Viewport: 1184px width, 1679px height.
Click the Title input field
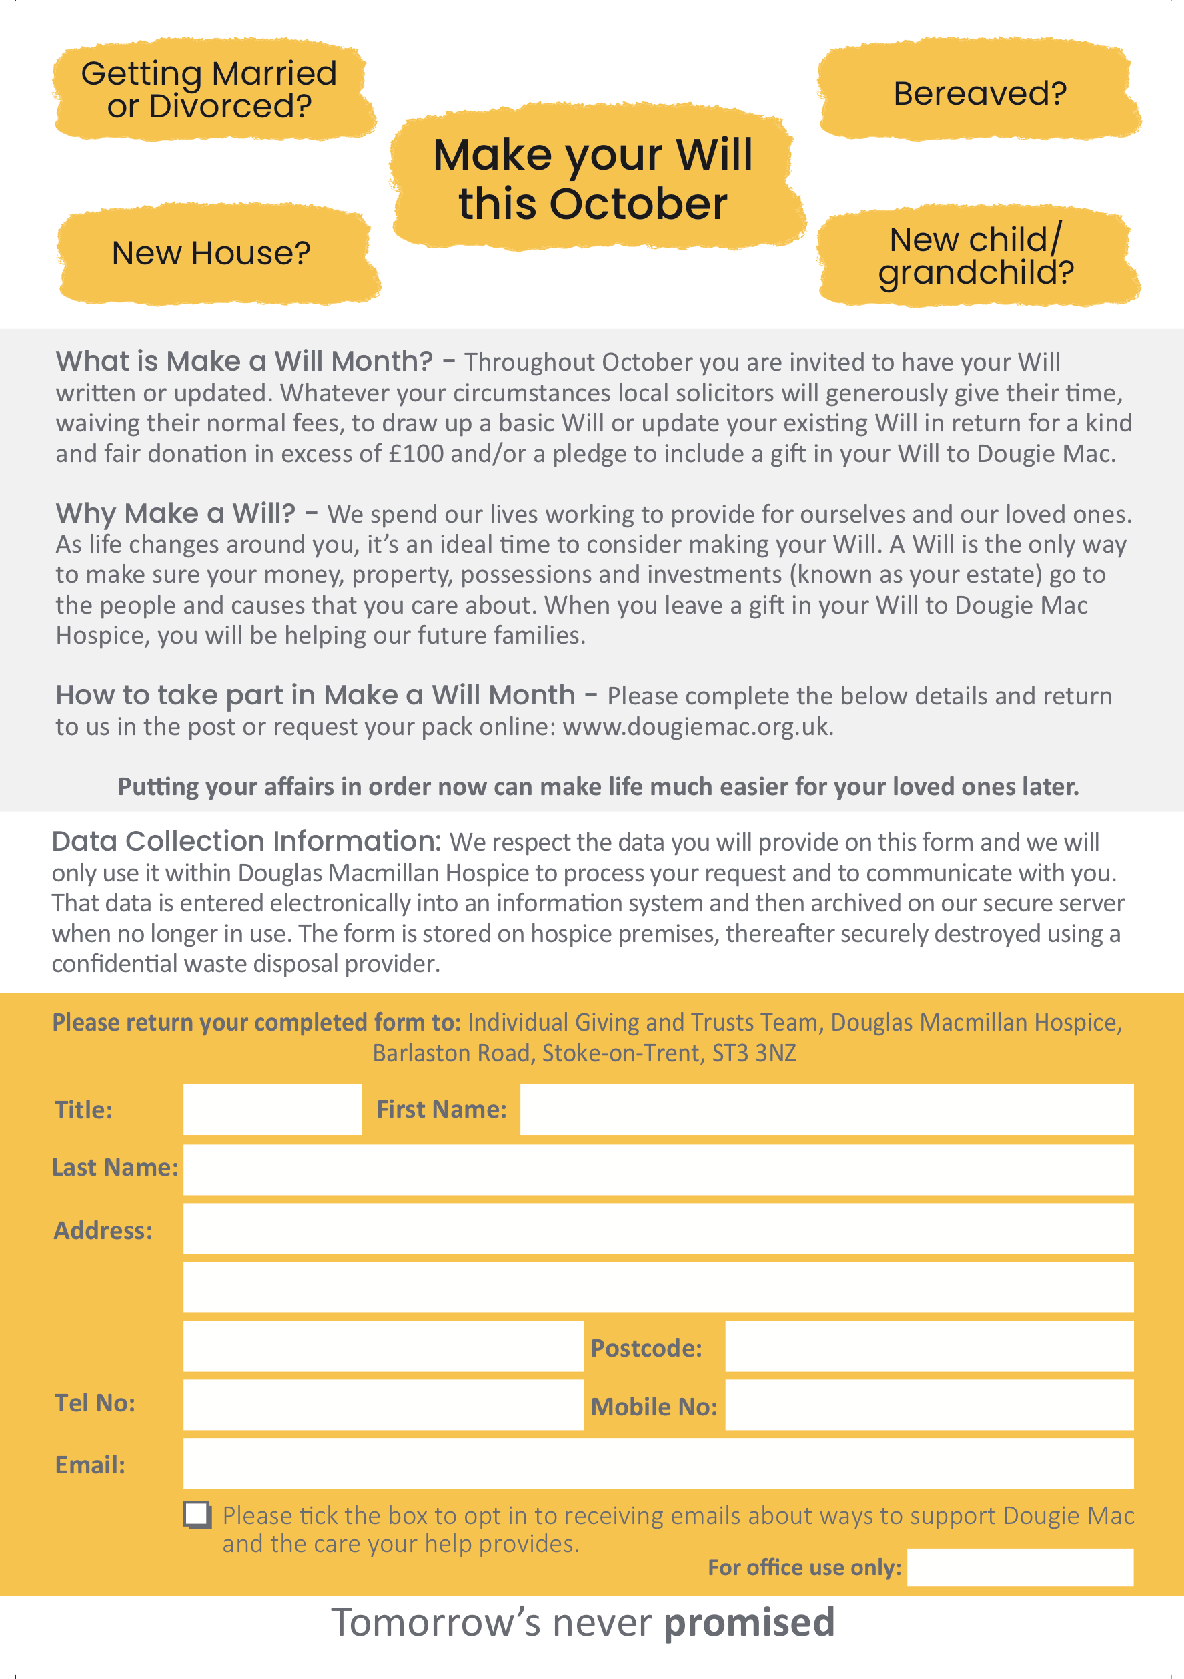[x=272, y=1110]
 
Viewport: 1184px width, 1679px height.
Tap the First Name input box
[x=826, y=1110]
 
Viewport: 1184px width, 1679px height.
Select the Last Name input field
[x=658, y=1170]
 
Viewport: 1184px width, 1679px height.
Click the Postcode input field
[x=929, y=1347]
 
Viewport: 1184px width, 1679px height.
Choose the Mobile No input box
[x=929, y=1405]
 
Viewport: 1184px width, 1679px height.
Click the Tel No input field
[x=383, y=1405]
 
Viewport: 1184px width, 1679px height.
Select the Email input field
[x=658, y=1463]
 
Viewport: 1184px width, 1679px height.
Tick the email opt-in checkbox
[x=197, y=1515]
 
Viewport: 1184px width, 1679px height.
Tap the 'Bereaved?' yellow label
[x=979, y=93]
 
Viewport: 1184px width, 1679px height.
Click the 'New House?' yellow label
[x=211, y=253]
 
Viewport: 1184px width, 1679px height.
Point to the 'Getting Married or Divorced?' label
[x=209, y=90]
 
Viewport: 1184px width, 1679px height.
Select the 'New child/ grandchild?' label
[x=976, y=256]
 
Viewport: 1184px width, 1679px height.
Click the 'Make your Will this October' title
[x=593, y=179]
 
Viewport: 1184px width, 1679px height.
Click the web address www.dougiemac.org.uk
[x=697, y=727]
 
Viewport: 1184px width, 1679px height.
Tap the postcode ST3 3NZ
[x=754, y=1053]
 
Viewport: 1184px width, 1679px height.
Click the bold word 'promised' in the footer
[x=749, y=1623]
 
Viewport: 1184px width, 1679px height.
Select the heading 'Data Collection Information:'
[x=246, y=842]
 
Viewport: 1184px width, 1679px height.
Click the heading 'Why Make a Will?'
[x=175, y=513]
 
